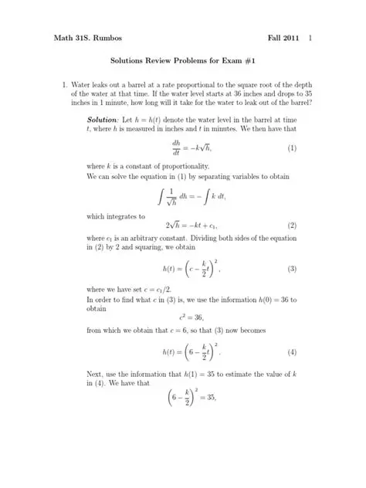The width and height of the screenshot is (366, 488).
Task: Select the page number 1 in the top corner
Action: [310, 37]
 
